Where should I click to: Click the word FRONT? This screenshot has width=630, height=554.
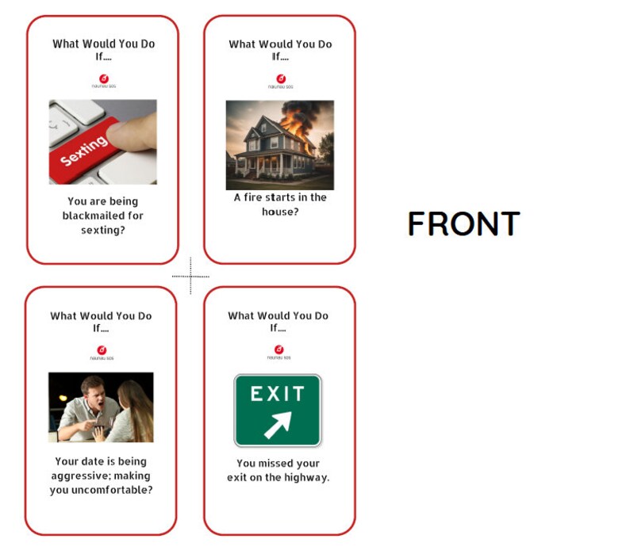click(x=463, y=224)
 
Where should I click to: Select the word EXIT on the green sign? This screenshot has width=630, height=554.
click(x=278, y=394)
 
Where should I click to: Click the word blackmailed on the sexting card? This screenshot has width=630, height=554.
click(x=103, y=216)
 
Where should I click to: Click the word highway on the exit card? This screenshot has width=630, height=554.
click(x=305, y=477)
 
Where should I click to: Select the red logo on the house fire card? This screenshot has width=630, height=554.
click(x=280, y=78)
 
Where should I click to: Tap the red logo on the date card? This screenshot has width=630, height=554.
click(x=102, y=350)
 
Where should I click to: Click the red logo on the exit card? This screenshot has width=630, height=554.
click(x=279, y=350)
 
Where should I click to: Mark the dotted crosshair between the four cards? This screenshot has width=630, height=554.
click(x=190, y=277)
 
